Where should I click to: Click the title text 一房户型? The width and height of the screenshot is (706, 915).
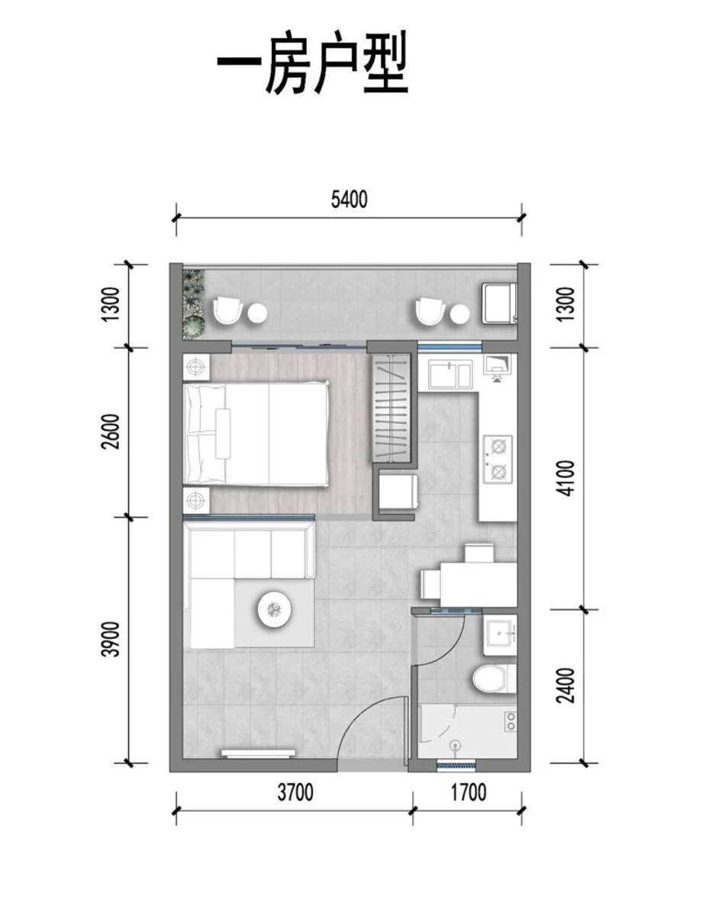[313, 63]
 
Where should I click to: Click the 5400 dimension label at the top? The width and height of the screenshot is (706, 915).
[349, 200]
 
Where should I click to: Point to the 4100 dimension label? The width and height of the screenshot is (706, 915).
[566, 478]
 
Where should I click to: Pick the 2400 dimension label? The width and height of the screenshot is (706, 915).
[566, 685]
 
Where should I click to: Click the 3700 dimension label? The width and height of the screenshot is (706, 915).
[295, 793]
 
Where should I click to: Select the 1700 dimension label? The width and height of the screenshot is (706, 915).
[468, 793]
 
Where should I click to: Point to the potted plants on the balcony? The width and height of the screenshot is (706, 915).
[193, 303]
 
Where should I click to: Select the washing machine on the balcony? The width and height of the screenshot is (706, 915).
[499, 302]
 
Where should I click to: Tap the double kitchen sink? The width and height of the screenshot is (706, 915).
[450, 374]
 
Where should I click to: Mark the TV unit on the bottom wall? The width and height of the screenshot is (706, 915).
[258, 753]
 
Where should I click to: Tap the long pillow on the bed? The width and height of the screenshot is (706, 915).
[223, 433]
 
